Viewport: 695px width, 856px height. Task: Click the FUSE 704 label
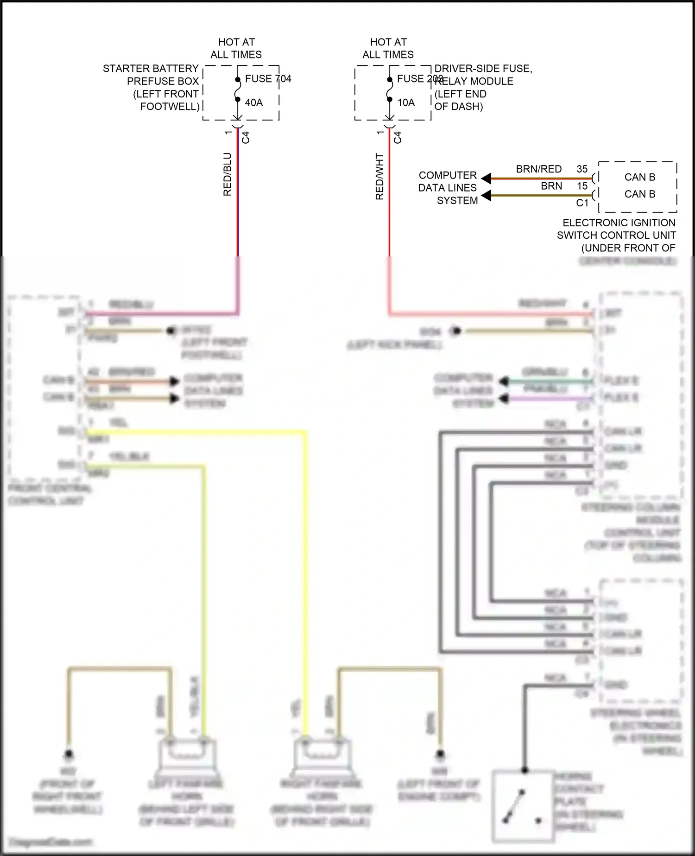click(x=268, y=79)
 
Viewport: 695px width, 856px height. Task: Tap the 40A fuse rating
click(x=254, y=102)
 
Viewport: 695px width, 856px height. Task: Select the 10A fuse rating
click(x=406, y=102)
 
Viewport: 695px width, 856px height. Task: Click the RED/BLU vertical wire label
click(x=227, y=174)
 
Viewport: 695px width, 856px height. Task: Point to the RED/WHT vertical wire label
click(x=379, y=176)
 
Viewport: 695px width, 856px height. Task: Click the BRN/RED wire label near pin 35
click(x=538, y=169)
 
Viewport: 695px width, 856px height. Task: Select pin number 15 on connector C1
click(x=582, y=186)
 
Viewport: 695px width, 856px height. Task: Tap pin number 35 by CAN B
click(x=582, y=169)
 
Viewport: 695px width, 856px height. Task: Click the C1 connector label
click(x=582, y=203)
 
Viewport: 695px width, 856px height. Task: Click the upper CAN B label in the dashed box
click(x=639, y=177)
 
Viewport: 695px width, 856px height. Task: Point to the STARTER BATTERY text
click(x=151, y=69)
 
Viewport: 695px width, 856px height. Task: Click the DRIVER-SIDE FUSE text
click(x=483, y=69)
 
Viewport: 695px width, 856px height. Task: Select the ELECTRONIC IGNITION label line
click(x=619, y=223)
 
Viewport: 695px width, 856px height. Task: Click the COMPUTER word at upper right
click(x=448, y=175)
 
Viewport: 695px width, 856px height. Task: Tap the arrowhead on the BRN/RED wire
click(x=486, y=178)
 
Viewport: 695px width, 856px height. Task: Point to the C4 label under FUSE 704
click(x=246, y=137)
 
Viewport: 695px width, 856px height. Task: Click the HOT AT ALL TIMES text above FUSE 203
click(x=388, y=48)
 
